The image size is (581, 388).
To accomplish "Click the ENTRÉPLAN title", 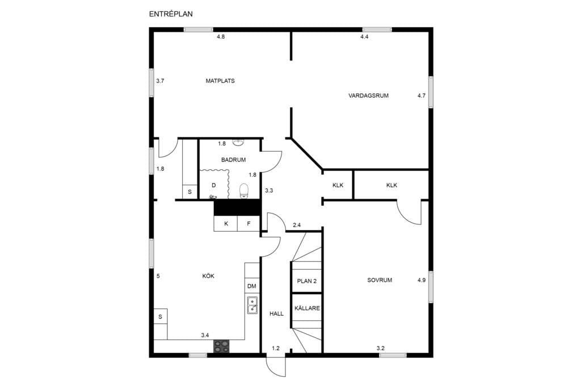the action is click(171, 14).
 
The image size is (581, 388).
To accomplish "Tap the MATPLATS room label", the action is click(220, 81).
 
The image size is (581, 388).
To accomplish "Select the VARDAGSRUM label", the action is click(368, 95).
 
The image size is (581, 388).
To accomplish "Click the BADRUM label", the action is click(233, 160).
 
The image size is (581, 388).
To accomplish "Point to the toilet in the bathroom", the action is click(244, 191).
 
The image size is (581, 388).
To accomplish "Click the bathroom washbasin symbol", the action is click(238, 142).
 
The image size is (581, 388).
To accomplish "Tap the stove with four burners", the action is click(221, 346).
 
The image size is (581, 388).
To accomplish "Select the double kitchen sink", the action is click(252, 305).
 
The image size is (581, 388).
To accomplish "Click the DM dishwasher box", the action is click(252, 286).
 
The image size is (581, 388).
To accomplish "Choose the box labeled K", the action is click(226, 224).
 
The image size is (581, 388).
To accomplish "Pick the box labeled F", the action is click(249, 224).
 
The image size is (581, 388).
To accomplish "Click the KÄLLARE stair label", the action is click(307, 308).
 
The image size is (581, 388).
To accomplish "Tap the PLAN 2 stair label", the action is click(307, 281).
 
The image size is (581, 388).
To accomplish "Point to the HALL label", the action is click(276, 314).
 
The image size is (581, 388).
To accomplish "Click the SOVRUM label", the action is click(380, 281).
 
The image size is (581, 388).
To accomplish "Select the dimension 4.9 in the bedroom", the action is click(422, 281).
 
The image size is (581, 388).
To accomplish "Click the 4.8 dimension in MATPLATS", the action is click(221, 37).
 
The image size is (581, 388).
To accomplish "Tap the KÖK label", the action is click(208, 276).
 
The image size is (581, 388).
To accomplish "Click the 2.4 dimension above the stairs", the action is click(297, 225).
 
